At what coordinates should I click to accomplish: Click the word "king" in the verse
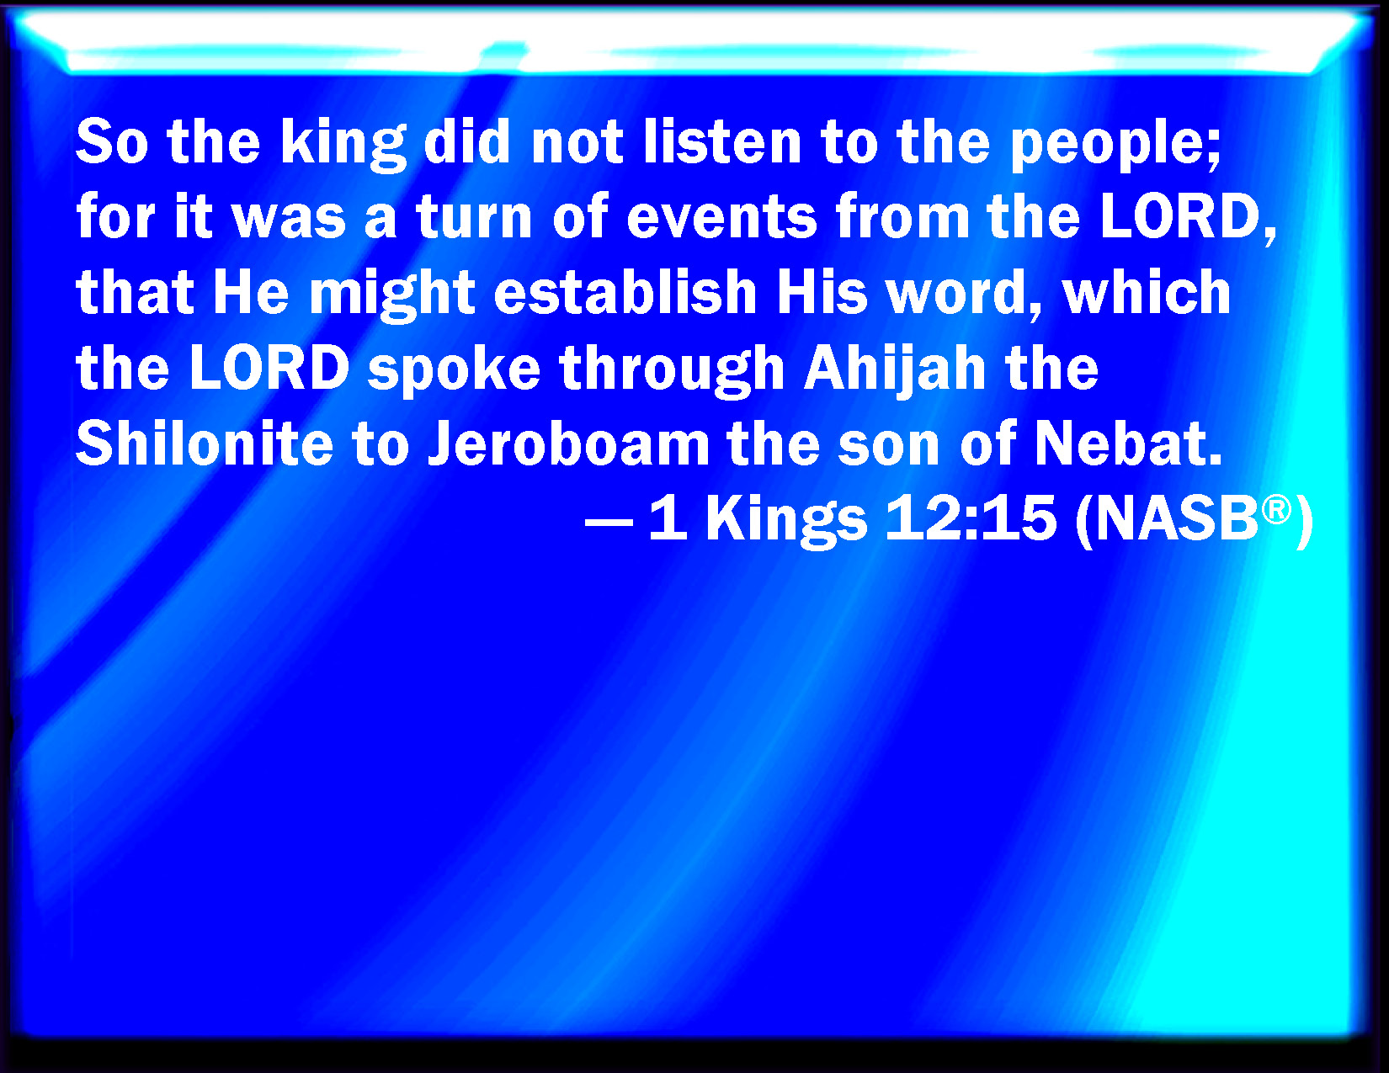(x=343, y=145)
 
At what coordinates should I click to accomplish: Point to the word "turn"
(x=474, y=217)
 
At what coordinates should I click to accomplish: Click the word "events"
(x=721, y=217)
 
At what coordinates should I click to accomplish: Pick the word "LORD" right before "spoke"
(x=269, y=368)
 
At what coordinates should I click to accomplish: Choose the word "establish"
(x=625, y=291)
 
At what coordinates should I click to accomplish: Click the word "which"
(x=1147, y=291)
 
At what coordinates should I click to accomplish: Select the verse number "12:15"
(x=971, y=518)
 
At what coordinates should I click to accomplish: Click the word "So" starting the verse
(x=113, y=141)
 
